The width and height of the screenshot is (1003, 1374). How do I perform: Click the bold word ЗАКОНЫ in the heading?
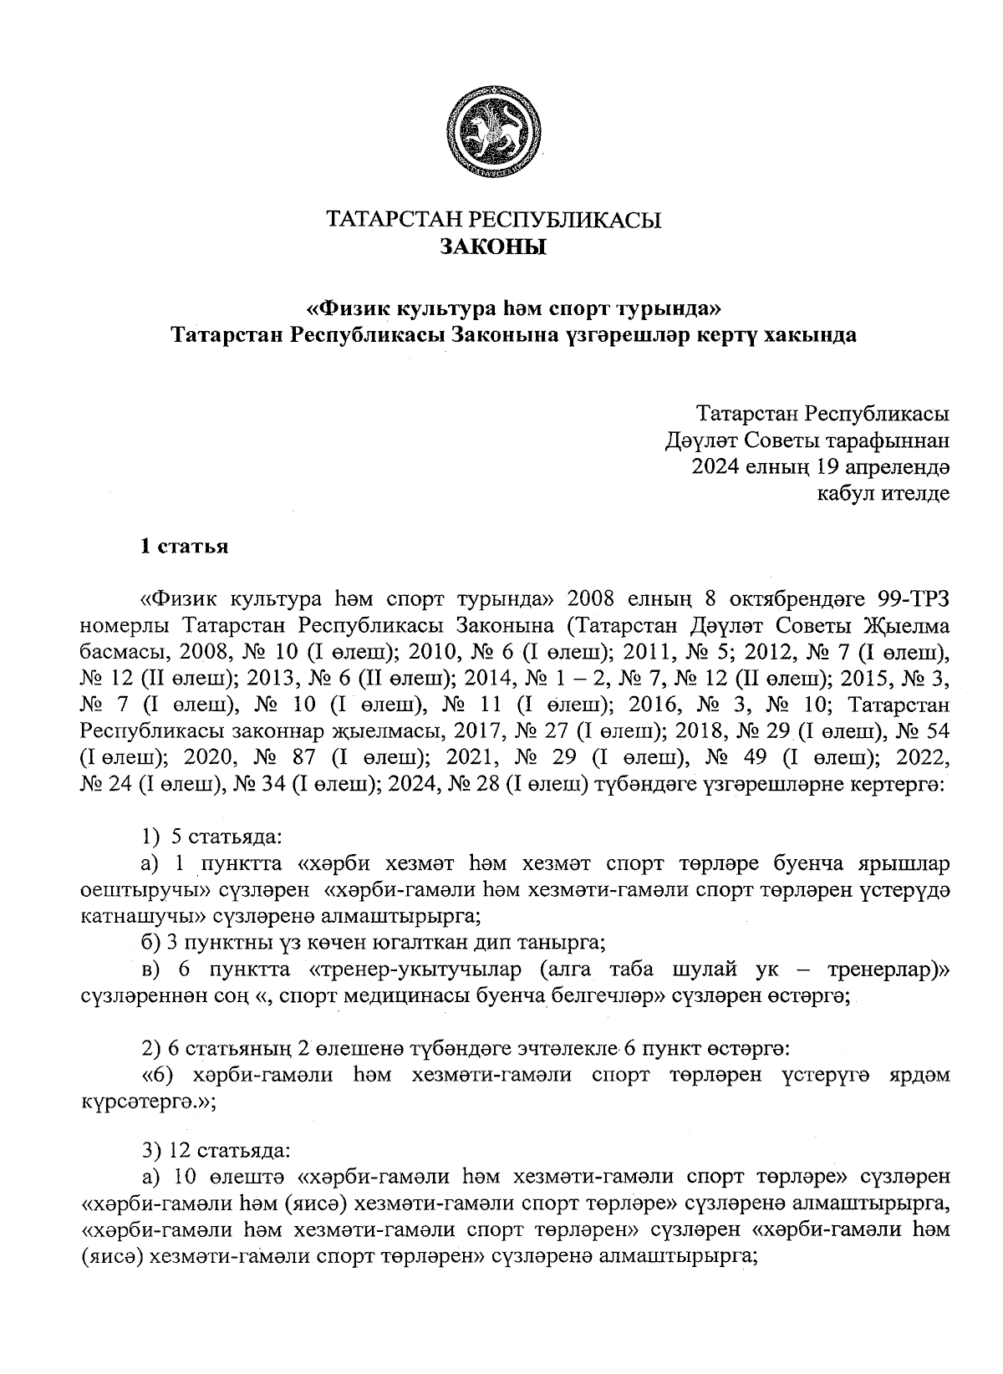point(493,247)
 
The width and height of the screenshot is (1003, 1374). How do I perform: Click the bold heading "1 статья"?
point(184,547)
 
